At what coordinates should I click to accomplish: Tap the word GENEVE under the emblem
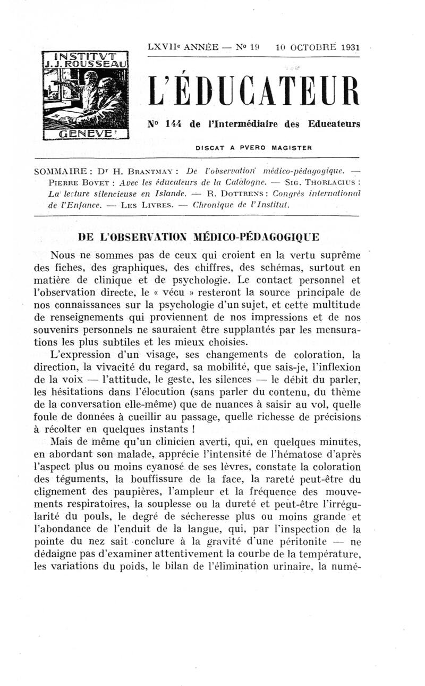85,134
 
